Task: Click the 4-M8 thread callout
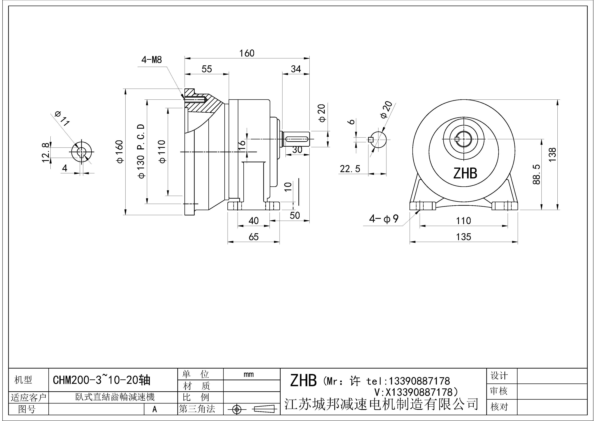pos(152,60)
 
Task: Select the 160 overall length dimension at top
pos(247,53)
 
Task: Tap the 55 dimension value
pos(207,69)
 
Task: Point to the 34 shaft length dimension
pos(296,69)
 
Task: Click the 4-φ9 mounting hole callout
pos(384,219)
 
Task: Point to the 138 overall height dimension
pos(552,155)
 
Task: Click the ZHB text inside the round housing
pos(465,173)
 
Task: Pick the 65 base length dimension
pos(253,237)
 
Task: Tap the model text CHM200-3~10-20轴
pos(102,380)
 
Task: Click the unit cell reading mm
pos(248,374)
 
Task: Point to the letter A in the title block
pos(155,409)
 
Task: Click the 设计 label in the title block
pos(499,376)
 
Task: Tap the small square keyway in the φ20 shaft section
pos(371,140)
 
